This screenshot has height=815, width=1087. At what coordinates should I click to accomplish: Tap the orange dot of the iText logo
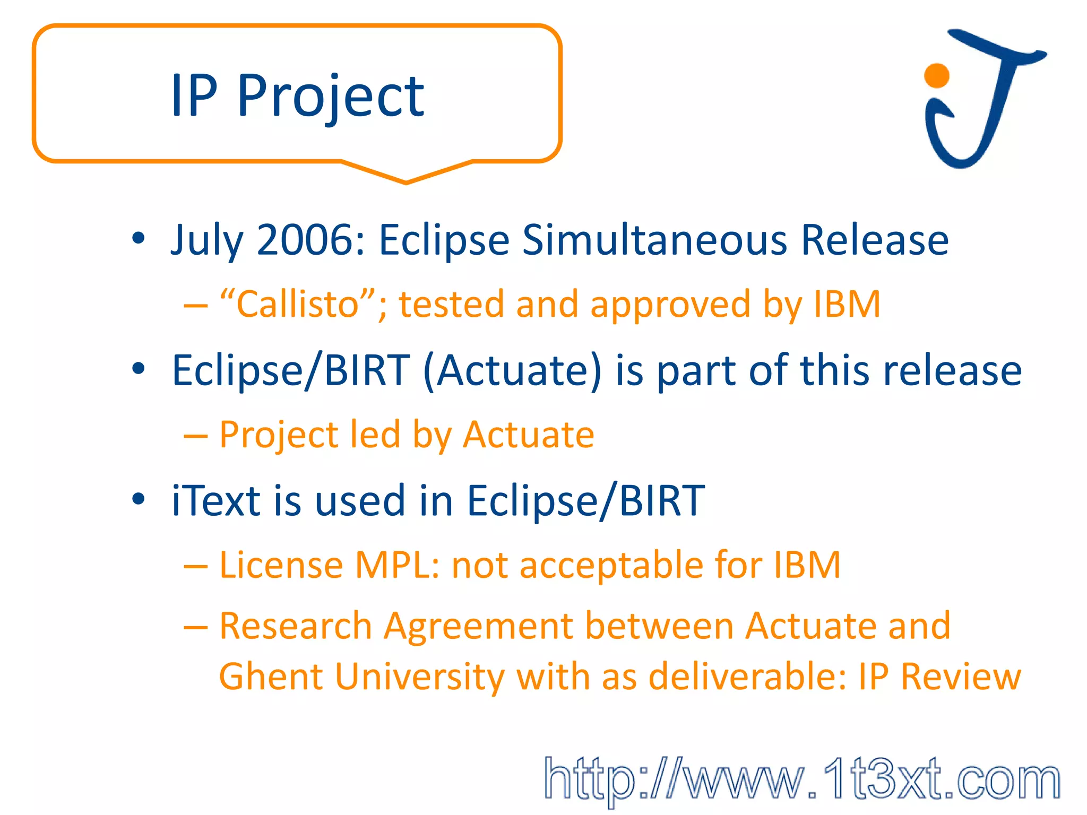[x=936, y=75]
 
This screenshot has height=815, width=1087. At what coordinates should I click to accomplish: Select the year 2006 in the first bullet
[x=310, y=240]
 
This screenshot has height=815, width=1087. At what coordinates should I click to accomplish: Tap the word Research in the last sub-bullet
[x=295, y=626]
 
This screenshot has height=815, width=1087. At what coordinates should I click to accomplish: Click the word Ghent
[x=271, y=677]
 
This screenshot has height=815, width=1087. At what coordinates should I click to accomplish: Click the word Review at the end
[x=961, y=677]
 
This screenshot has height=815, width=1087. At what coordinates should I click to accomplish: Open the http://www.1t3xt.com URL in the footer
[x=801, y=779]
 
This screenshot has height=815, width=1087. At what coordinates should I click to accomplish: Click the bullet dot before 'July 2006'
[x=139, y=238]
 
